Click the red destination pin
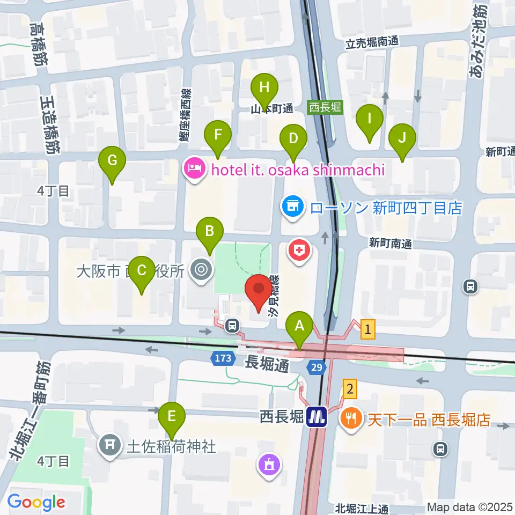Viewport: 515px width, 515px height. pos(258,290)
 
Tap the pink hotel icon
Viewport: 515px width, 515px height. pos(194,170)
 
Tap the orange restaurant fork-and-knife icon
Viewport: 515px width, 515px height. pos(352,418)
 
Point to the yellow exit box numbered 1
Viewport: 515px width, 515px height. pos(367,329)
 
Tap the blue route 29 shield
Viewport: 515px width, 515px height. pos(316,367)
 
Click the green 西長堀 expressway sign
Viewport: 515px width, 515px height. pos(325,107)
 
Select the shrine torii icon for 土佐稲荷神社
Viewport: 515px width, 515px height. pos(111,446)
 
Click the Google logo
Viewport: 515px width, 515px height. pos(36,502)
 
